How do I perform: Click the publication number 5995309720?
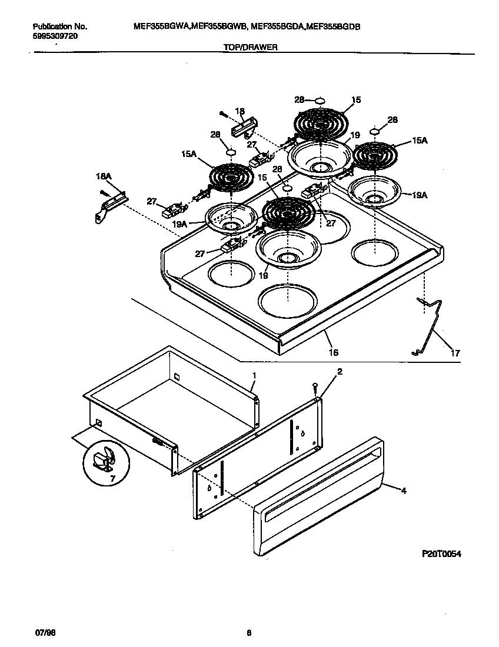coord(54,36)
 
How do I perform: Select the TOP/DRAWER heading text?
coord(249,49)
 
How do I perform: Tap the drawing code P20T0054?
coord(441,553)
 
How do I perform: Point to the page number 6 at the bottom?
coord(249,633)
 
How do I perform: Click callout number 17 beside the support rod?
coord(455,353)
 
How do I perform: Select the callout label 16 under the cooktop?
coord(333,352)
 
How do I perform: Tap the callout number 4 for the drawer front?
coord(404,489)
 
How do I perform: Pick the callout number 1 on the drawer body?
coord(254,375)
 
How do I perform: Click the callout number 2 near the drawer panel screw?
coord(339,371)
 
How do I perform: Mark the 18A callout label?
coord(104,176)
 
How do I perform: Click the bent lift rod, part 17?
coord(433,329)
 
